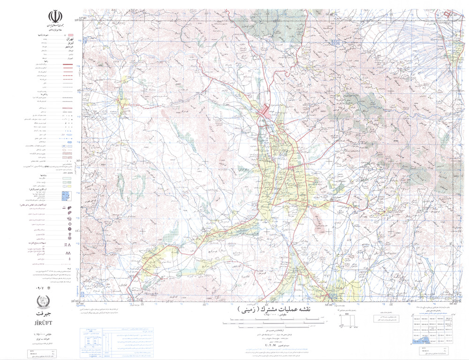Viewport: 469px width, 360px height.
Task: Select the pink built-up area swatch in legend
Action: pyautogui.click(x=70, y=36)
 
